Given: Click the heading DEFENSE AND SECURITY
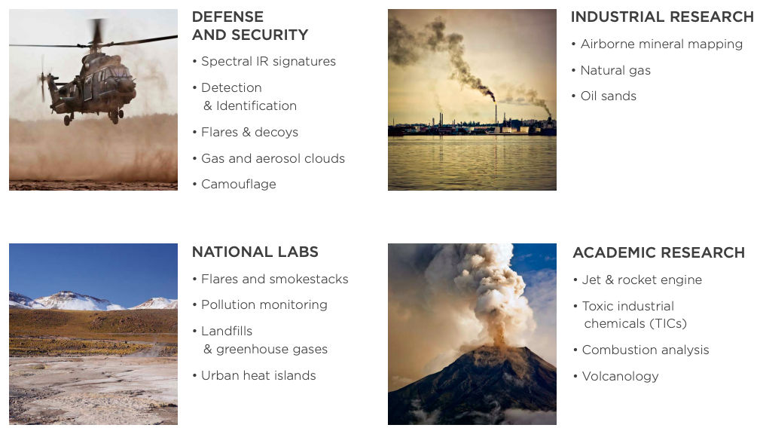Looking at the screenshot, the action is (249, 26).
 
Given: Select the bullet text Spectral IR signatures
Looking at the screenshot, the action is (268, 61).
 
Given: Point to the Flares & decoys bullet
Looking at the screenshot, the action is (249, 132).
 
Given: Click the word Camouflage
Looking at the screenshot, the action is (239, 184).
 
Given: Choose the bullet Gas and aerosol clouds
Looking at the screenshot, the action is (273, 158).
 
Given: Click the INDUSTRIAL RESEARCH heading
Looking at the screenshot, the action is (662, 17).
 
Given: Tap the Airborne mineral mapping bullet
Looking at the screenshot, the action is (661, 44).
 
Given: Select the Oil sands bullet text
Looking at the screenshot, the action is (609, 96).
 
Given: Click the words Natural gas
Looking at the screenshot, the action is (615, 71).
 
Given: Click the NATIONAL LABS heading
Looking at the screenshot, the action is (255, 252).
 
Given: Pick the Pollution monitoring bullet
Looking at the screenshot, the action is (264, 305).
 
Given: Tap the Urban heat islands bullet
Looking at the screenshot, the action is (258, 375).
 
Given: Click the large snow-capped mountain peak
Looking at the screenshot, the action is (72, 300).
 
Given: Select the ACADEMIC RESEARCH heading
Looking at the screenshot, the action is (658, 252).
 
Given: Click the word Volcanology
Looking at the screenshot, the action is (620, 377).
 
